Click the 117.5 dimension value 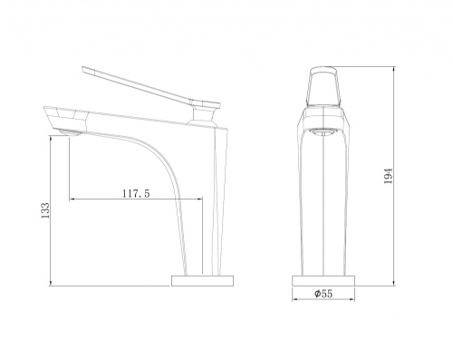click(x=136, y=193)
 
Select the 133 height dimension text click(x=45, y=210)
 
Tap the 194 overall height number click(x=388, y=176)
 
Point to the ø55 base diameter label click(x=323, y=294)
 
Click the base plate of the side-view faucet click(x=203, y=281)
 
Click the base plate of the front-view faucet click(x=323, y=281)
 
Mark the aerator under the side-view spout click(x=71, y=132)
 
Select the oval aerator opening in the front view click(x=323, y=131)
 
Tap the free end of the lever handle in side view click(x=83, y=69)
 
